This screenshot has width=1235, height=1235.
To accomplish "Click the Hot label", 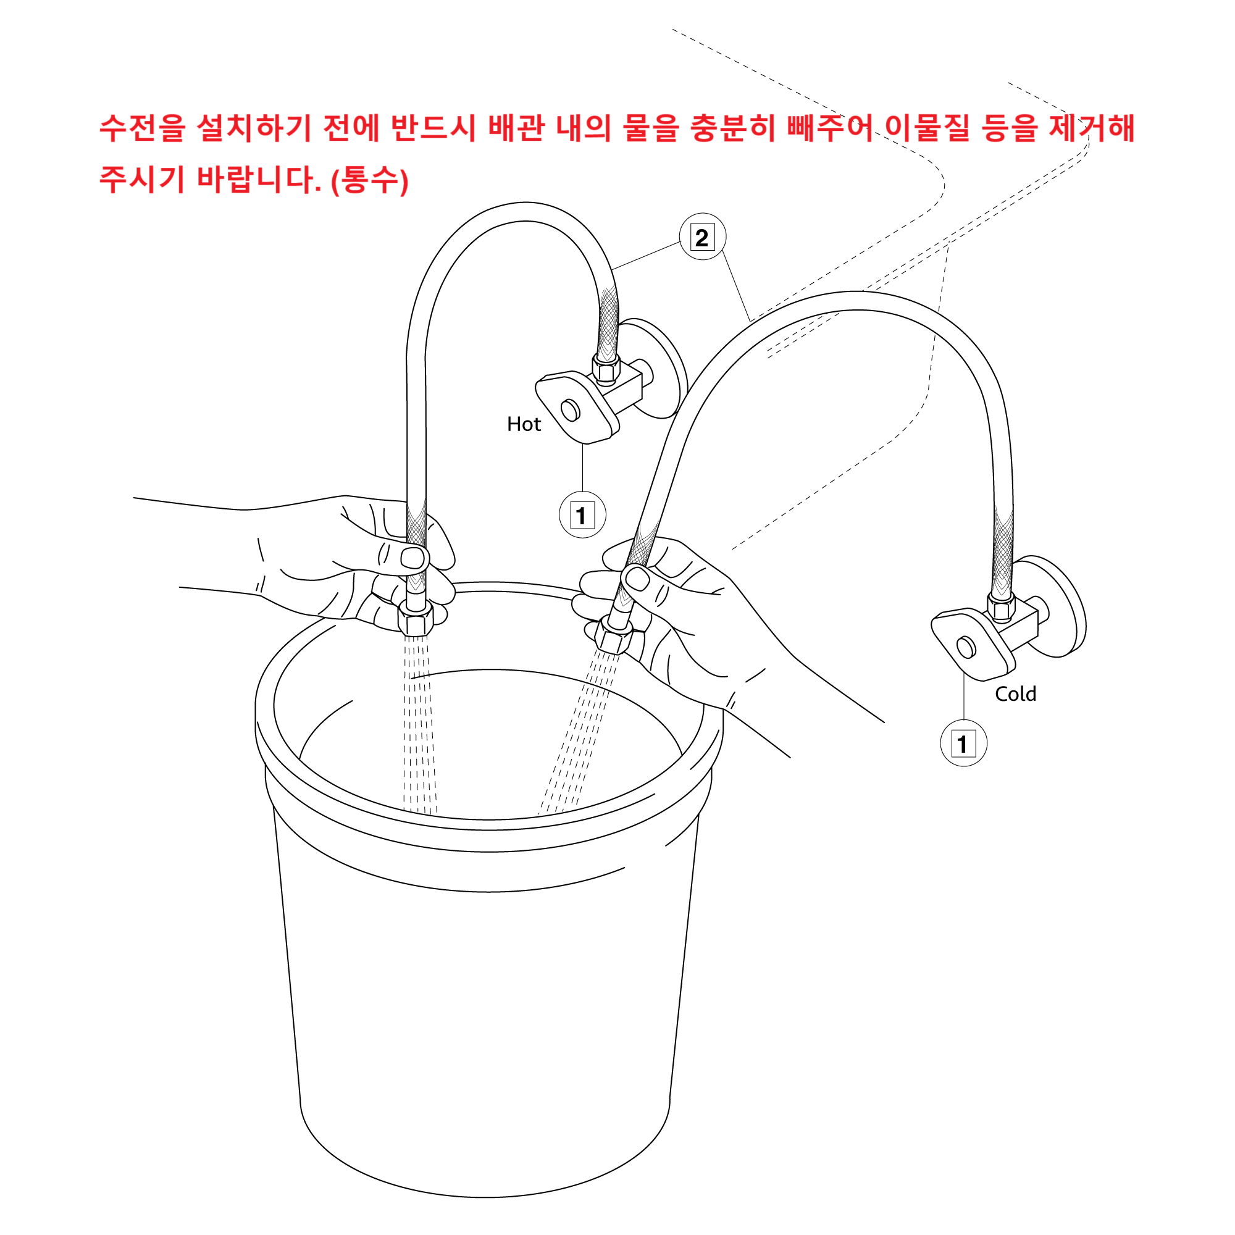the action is (524, 424).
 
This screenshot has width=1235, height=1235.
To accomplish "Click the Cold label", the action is (1016, 694).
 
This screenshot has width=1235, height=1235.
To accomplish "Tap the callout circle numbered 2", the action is (703, 237).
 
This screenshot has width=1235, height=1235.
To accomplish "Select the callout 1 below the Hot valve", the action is (582, 514).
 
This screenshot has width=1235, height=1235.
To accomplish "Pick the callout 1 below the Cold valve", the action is (963, 743).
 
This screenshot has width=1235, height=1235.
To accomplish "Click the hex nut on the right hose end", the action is (613, 635).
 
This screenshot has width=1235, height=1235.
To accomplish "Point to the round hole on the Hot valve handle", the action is (570, 410).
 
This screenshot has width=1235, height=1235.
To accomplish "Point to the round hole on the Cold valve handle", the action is (966, 648).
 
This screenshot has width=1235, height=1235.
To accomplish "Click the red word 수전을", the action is (142, 128).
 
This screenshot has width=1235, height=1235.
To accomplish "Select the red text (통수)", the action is (369, 180).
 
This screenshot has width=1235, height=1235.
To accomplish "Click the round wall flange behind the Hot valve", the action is (660, 369).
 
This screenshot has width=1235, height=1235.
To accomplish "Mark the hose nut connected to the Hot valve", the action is (605, 369).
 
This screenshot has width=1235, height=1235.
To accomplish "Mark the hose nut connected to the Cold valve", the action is (1001, 606).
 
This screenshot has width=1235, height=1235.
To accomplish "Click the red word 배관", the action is (516, 128).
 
